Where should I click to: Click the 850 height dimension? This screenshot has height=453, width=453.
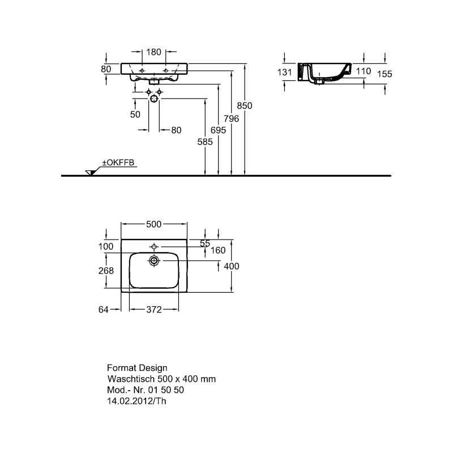tap(245, 106)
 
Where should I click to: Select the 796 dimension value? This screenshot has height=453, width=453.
tap(231, 119)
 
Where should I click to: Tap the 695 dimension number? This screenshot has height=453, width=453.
tap(218, 130)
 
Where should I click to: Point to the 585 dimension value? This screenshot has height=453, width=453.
tap(205, 142)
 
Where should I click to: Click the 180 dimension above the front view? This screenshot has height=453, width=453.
tap(153, 52)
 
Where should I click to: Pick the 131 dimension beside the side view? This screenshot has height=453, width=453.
tap(285, 72)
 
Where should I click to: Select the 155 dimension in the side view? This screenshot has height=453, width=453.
tap(384, 74)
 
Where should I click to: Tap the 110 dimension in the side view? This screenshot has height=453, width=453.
tap(363, 71)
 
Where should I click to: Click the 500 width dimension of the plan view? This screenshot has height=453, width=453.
tap(153, 224)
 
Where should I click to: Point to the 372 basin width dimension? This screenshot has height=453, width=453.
tap(154, 310)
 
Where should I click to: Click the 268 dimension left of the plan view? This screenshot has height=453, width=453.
tap(106, 271)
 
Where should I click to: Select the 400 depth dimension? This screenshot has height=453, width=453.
tap(232, 266)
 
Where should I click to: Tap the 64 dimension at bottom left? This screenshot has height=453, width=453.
tap(104, 310)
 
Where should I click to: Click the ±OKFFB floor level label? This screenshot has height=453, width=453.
tap(118, 163)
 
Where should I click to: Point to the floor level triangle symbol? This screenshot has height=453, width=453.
tap(90, 173)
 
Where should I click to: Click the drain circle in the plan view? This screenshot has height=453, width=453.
tap(154, 261)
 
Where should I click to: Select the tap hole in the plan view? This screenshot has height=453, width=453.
tap(154, 246)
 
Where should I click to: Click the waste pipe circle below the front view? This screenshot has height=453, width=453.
tap(154, 99)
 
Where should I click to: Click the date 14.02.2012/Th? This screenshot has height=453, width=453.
tap(136, 401)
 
